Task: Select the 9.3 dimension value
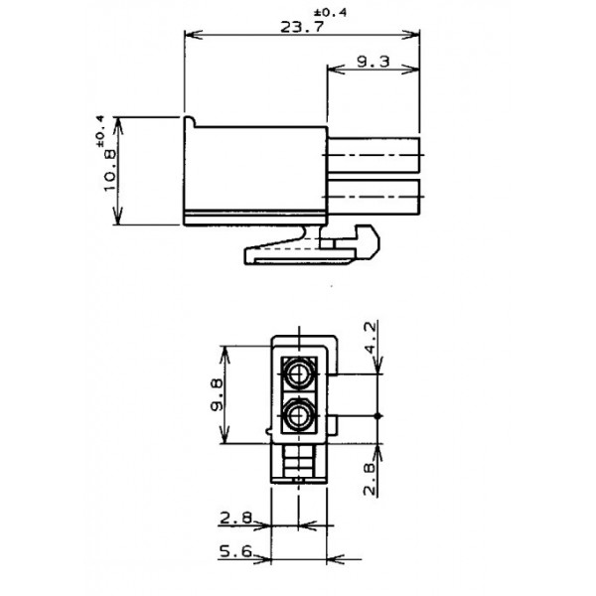[x=372, y=62]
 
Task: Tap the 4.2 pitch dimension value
[x=370, y=337]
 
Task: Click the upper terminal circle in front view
[x=298, y=375]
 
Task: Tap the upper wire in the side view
[x=375, y=156]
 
